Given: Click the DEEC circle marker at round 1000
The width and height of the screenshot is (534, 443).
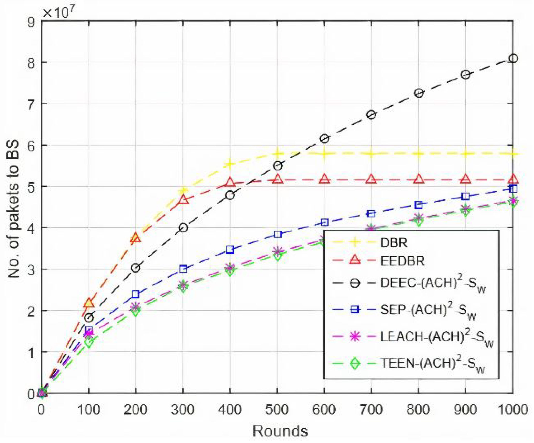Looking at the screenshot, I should [x=513, y=58].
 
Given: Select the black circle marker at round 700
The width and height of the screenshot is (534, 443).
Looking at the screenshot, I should [x=371, y=115].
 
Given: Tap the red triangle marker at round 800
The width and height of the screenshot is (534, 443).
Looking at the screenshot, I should [x=419, y=179].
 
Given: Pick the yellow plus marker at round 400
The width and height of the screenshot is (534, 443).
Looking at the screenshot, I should [x=230, y=164].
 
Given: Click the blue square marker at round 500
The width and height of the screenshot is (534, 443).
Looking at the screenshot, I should [x=278, y=234].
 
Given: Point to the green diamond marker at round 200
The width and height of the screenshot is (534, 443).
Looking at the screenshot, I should [x=135, y=311].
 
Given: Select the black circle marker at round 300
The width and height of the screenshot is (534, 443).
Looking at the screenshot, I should [x=183, y=228].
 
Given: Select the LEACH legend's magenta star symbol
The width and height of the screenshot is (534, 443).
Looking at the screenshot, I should [x=355, y=337].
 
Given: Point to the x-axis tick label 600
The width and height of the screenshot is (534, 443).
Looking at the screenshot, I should [x=324, y=410].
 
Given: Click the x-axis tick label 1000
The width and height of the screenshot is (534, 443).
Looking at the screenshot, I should [x=513, y=410].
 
